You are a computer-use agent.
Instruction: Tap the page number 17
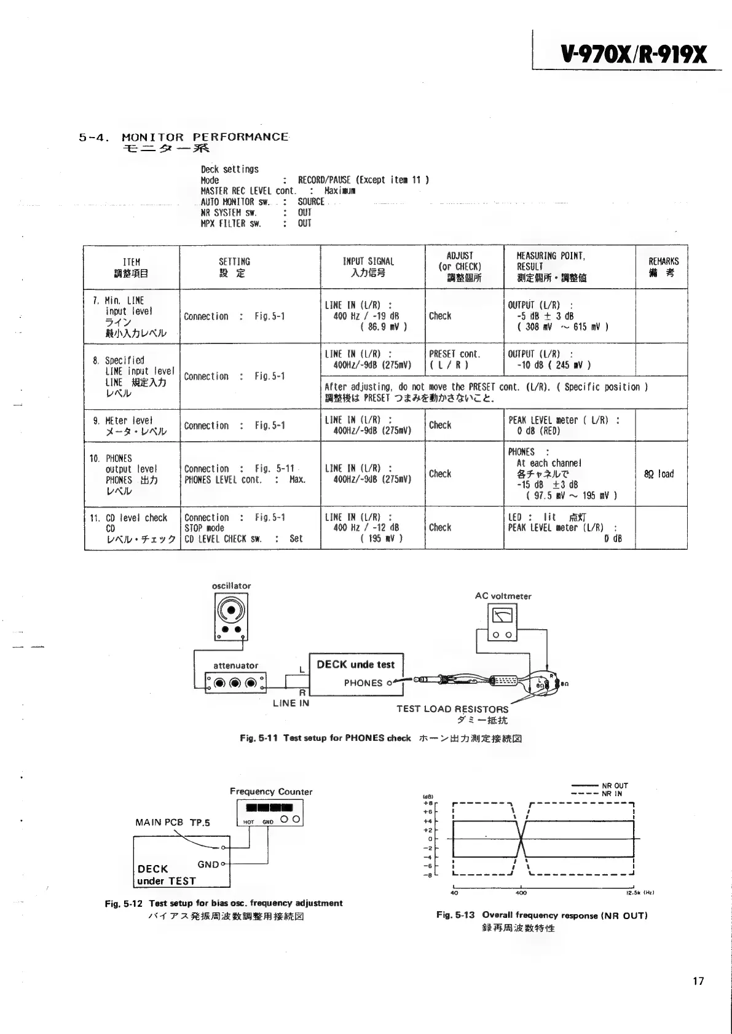coord(698,981)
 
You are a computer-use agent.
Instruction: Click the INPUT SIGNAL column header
coord(368,267)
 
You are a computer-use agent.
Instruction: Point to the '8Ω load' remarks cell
coord(659,474)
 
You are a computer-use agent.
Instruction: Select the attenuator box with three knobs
coord(236,682)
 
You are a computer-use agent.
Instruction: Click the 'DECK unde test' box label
coord(355,664)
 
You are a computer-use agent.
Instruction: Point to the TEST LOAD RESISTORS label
coord(452,709)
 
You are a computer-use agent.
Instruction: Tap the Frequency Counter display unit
coord(270,813)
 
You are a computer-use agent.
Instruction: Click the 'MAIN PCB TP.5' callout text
coord(173,823)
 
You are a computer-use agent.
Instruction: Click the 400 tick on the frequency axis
coord(521,893)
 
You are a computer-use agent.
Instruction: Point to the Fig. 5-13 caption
coord(541,915)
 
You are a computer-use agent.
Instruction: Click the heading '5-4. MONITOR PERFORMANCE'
coord(184,138)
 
